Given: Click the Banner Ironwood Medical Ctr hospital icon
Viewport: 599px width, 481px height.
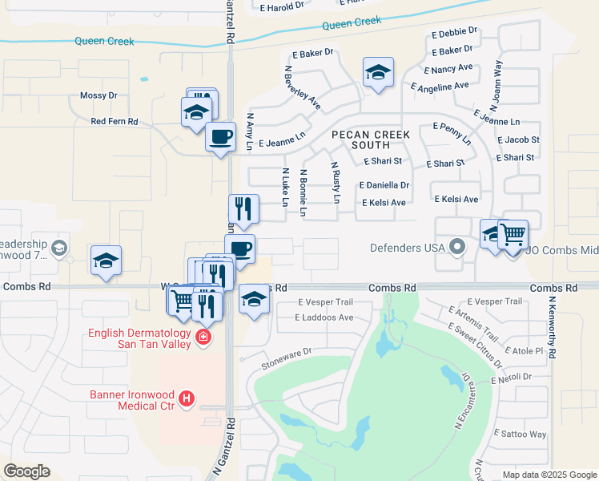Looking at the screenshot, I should point(187,398).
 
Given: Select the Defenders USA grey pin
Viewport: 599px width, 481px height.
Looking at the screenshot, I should point(457,247).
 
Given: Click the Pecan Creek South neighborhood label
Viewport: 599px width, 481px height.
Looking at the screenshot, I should point(371,139).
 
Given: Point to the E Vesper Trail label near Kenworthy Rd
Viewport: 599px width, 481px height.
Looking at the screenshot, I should point(493,301).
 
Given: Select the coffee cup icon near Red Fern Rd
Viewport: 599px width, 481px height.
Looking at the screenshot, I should point(221,136).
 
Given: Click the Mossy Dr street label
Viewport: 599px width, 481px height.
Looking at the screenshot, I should point(98,95).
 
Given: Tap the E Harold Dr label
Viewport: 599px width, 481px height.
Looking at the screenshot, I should point(282,6).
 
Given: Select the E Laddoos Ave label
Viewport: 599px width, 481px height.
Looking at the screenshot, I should point(324,317).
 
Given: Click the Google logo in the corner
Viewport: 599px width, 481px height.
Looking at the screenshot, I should point(26,471).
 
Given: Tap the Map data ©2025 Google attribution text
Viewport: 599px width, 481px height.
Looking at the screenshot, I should point(549,475).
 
